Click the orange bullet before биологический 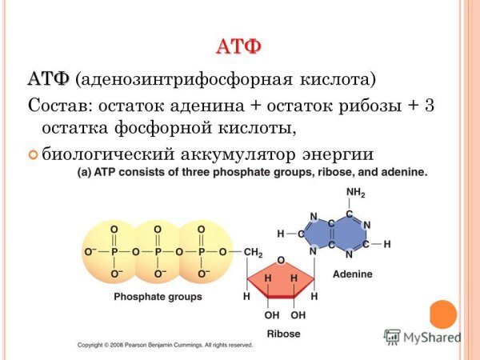pos(33,154)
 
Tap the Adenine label pos(353,274)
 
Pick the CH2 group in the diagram pos(253,253)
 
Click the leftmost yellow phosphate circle pos(114,252)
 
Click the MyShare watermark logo pos(422,337)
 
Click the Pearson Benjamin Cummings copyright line pos(164,345)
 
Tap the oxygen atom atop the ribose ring pos(281,261)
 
